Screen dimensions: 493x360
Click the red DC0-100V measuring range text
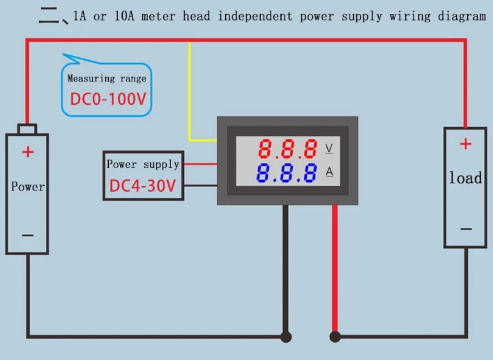pyautogui.click(x=108, y=99)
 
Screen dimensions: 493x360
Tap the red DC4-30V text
pyautogui.click(x=142, y=186)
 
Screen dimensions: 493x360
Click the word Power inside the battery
pyautogui.click(x=28, y=187)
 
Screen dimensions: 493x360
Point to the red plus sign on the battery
pyautogui.click(x=28, y=152)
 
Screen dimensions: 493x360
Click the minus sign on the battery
pyautogui.click(x=28, y=235)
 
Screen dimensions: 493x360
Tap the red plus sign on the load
pyautogui.click(x=466, y=144)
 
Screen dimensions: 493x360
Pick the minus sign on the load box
pyautogui.click(x=466, y=228)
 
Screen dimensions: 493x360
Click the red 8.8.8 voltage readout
pyautogui.click(x=288, y=149)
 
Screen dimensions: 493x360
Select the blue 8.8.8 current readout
pyautogui.click(x=287, y=173)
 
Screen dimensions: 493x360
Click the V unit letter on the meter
pyautogui.click(x=329, y=149)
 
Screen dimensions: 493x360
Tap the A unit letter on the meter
pyautogui.click(x=329, y=172)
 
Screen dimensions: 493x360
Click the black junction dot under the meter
pyautogui.click(x=286, y=337)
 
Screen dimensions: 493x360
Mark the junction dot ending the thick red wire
pyautogui.click(x=335, y=337)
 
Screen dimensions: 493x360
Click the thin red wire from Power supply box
pyautogui.click(x=200, y=164)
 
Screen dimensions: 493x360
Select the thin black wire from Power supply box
pyautogui.click(x=200, y=186)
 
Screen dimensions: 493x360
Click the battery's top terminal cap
pyautogui.click(x=27, y=129)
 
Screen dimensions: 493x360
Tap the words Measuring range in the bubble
pyautogui.click(x=107, y=79)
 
